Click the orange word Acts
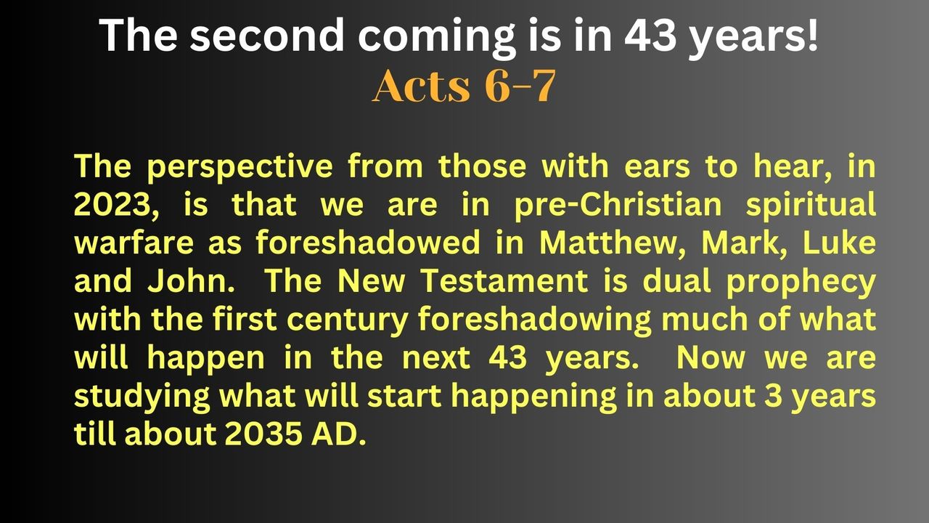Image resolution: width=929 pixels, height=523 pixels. pyautogui.click(x=422, y=86)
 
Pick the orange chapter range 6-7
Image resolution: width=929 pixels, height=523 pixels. pyautogui.click(x=520, y=86)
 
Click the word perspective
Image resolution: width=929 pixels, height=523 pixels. pyautogui.click(x=240, y=168)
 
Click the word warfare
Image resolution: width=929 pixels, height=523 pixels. pyautogui.click(x=134, y=243)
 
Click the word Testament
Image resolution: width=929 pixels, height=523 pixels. pyautogui.click(x=504, y=281)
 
